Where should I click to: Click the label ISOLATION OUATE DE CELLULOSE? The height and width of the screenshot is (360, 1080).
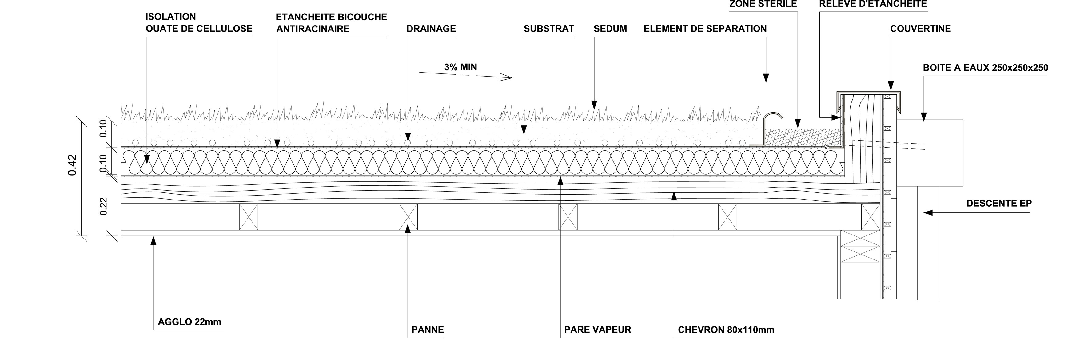point(199,23)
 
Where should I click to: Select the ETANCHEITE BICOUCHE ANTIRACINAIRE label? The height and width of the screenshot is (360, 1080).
point(331,23)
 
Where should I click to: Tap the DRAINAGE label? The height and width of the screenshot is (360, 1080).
point(431,29)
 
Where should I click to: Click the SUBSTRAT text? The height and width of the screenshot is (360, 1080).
point(548,29)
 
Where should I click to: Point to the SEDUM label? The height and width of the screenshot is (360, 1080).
point(610,29)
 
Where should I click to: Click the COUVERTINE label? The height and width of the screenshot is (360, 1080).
point(920,29)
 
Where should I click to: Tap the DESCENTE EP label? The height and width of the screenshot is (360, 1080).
point(999,204)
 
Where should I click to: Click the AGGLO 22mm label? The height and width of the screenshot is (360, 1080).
point(189,322)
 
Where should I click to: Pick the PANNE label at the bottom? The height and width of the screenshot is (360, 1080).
point(427,330)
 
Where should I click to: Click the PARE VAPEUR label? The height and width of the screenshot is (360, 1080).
point(597,330)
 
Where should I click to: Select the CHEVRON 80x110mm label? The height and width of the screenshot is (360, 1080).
point(726,330)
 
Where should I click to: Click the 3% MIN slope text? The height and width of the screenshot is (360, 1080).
point(460,67)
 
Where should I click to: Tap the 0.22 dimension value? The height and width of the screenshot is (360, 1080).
point(104,206)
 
